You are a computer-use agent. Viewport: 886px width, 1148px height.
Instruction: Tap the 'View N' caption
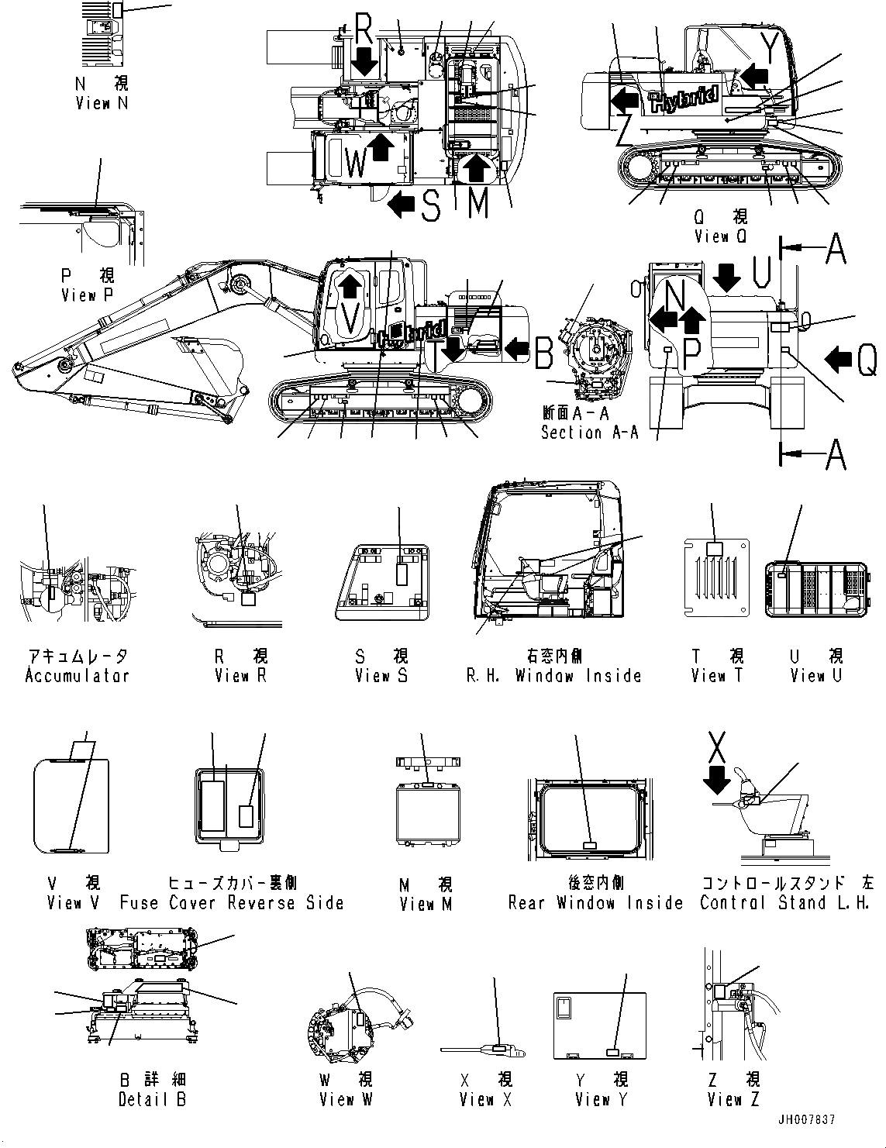102,103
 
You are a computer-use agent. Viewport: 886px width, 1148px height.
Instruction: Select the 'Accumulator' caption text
77,675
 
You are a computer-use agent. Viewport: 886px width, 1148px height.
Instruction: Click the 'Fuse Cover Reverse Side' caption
232,903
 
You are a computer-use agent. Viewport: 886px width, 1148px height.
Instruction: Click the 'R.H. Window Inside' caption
553,675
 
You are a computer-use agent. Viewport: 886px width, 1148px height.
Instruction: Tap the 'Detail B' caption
152,1099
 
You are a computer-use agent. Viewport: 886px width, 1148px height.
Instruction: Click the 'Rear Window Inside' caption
595,903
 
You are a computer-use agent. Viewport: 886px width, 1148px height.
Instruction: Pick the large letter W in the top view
355,164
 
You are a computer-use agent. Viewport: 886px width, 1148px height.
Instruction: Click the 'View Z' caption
733,1099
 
